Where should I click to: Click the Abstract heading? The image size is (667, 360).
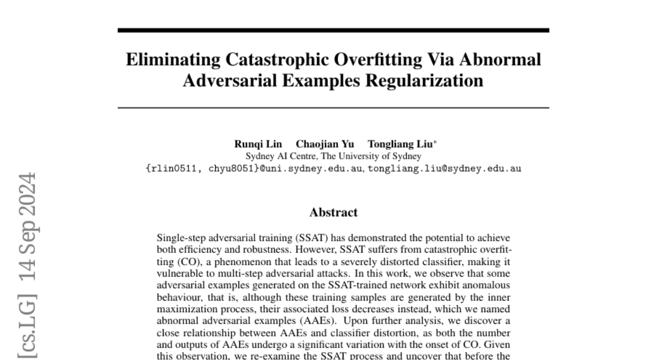click(x=333, y=212)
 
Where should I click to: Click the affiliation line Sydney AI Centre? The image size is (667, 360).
click(x=333, y=157)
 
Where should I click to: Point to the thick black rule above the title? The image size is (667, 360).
click(x=333, y=30)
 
